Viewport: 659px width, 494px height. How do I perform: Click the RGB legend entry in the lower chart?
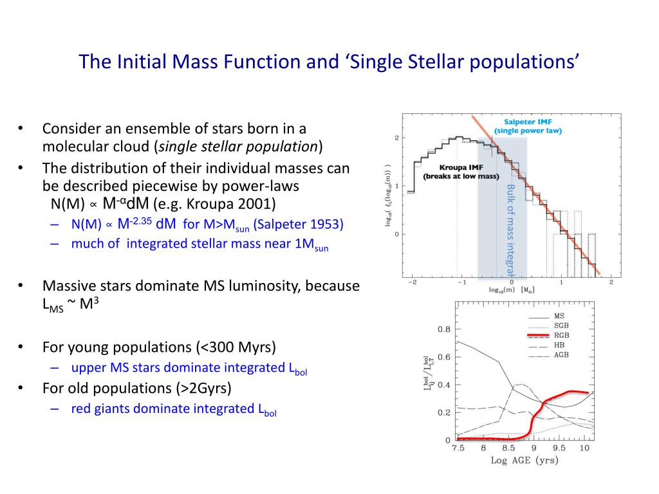click(x=561, y=336)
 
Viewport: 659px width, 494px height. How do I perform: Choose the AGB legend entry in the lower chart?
click(x=561, y=354)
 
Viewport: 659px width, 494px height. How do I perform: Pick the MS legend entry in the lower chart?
click(x=559, y=316)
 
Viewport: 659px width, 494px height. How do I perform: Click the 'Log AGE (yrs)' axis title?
click(x=524, y=461)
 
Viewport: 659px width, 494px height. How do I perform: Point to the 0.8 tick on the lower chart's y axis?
click(x=444, y=329)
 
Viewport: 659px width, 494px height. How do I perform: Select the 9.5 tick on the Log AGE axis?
click(x=560, y=448)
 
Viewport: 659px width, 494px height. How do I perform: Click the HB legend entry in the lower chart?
click(x=559, y=345)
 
